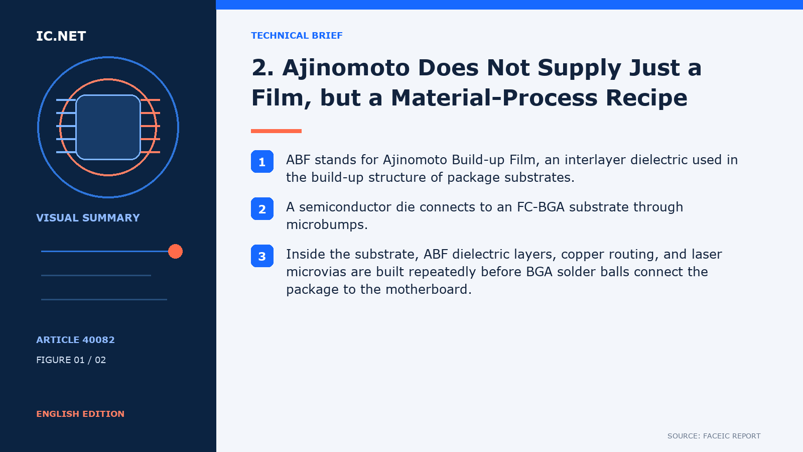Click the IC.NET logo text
pyautogui.click(x=61, y=36)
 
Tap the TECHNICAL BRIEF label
pyautogui.click(x=297, y=36)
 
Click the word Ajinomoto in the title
pyautogui.click(x=346, y=68)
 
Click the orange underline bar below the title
pyautogui.click(x=276, y=131)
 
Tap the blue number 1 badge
pyautogui.click(x=262, y=161)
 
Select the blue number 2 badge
pyautogui.click(x=262, y=209)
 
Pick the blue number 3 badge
pyautogui.click(x=262, y=256)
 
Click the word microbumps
pyautogui.click(x=327, y=225)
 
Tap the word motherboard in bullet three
pyautogui.click(x=429, y=289)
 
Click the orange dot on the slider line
pyautogui.click(x=175, y=252)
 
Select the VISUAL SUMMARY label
pyautogui.click(x=88, y=218)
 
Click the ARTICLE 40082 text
pyautogui.click(x=75, y=340)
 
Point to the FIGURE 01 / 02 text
pyautogui.click(x=71, y=360)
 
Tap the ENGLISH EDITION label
pyautogui.click(x=80, y=414)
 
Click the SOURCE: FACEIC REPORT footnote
pyautogui.click(x=714, y=436)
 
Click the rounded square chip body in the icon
pyautogui.click(x=108, y=128)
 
